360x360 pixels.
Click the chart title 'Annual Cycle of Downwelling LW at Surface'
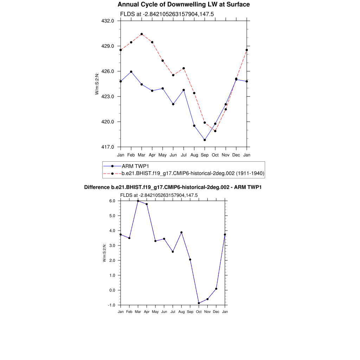(184, 5)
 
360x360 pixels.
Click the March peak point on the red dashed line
(142, 34)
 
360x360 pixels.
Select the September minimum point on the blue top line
(205, 140)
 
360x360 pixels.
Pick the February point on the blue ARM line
(131, 72)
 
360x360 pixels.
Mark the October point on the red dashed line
(215, 131)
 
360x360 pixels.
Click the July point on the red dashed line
(184, 68)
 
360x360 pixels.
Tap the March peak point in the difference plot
(138, 201)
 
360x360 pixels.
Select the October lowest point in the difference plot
(199, 303)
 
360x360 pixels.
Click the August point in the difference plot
(181, 232)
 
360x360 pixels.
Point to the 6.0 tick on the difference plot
(112, 201)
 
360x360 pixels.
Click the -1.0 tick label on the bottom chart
(112, 305)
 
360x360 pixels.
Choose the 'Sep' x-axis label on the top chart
(205, 155)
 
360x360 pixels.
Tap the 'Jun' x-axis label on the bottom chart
(164, 312)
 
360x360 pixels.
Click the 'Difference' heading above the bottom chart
(173, 188)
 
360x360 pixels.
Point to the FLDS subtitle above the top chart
(167, 14)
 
